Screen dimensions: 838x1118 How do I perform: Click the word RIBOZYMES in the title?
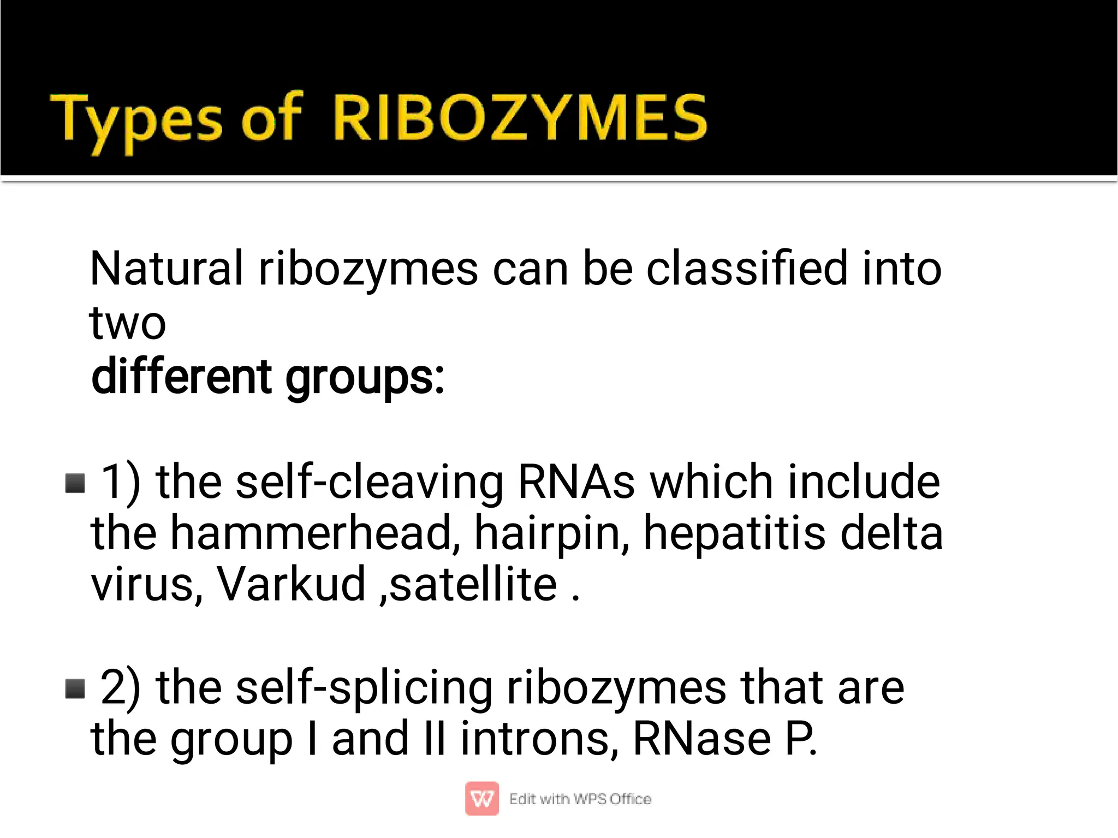(x=520, y=117)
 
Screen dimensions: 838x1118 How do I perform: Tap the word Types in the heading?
(x=136, y=120)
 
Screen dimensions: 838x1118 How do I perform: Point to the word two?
(x=127, y=323)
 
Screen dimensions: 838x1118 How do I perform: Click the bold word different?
(x=181, y=377)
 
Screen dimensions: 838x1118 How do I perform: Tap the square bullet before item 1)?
(x=75, y=483)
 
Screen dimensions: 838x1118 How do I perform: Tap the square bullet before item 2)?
(x=75, y=688)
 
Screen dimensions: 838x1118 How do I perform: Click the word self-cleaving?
(x=370, y=482)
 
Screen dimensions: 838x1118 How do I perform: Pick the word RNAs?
(x=576, y=482)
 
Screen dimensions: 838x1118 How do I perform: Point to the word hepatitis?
(x=734, y=533)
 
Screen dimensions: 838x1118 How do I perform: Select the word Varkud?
(x=292, y=584)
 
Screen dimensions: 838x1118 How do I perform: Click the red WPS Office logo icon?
(x=481, y=799)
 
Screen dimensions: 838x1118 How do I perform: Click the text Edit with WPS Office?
(x=580, y=799)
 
